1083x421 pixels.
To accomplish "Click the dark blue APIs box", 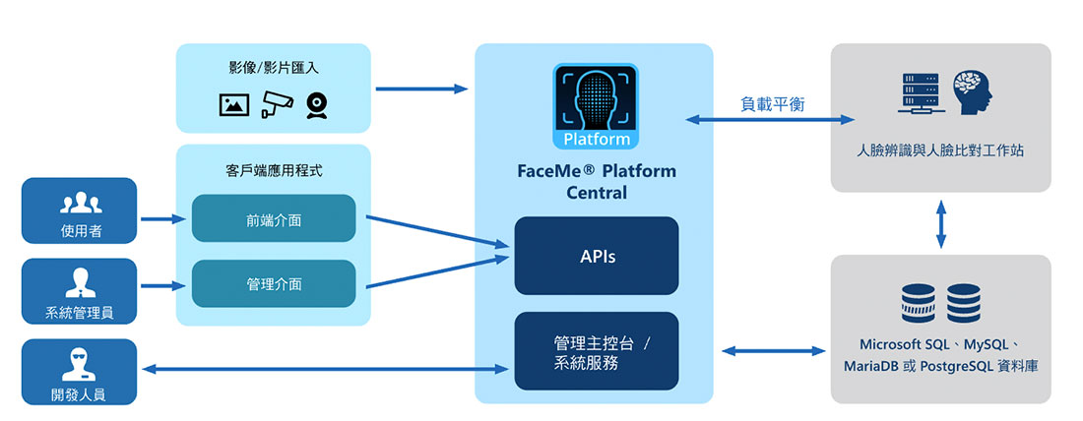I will pyautogui.click(x=596, y=256).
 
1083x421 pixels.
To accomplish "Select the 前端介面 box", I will pyautogui.click(x=274, y=219).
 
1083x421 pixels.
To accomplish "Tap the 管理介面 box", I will pyautogui.click(x=274, y=283).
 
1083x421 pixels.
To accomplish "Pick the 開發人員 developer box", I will pyautogui.click(x=79, y=372).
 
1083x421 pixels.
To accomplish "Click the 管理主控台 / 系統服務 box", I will pyautogui.click(x=596, y=350).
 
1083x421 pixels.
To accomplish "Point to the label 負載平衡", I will pyautogui.click(x=772, y=103).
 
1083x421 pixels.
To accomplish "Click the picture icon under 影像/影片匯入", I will pyautogui.click(x=234, y=103).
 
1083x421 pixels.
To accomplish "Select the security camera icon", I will pyautogui.click(x=277, y=103).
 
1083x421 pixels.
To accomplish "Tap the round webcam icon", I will pyautogui.click(x=317, y=104).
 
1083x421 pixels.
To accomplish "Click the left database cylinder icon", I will pyautogui.click(x=917, y=303).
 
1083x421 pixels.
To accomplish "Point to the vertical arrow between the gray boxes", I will pyautogui.click(x=941, y=224).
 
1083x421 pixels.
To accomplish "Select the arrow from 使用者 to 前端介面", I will pyautogui.click(x=163, y=219).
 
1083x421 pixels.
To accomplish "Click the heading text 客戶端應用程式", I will pyautogui.click(x=273, y=170).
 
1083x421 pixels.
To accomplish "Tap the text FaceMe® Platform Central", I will pyautogui.click(x=596, y=181).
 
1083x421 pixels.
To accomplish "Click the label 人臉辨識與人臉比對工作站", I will pyautogui.click(x=940, y=151).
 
